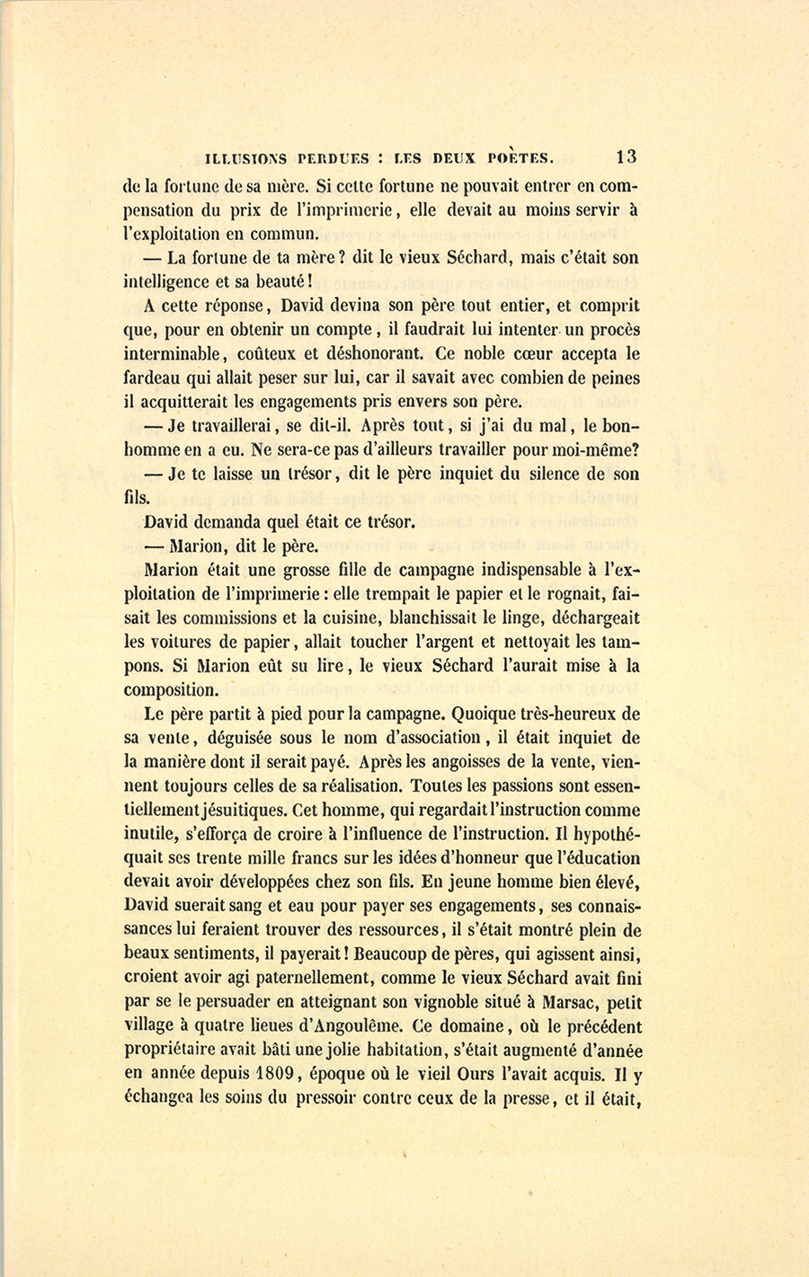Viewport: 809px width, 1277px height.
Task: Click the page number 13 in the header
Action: tap(627, 155)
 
